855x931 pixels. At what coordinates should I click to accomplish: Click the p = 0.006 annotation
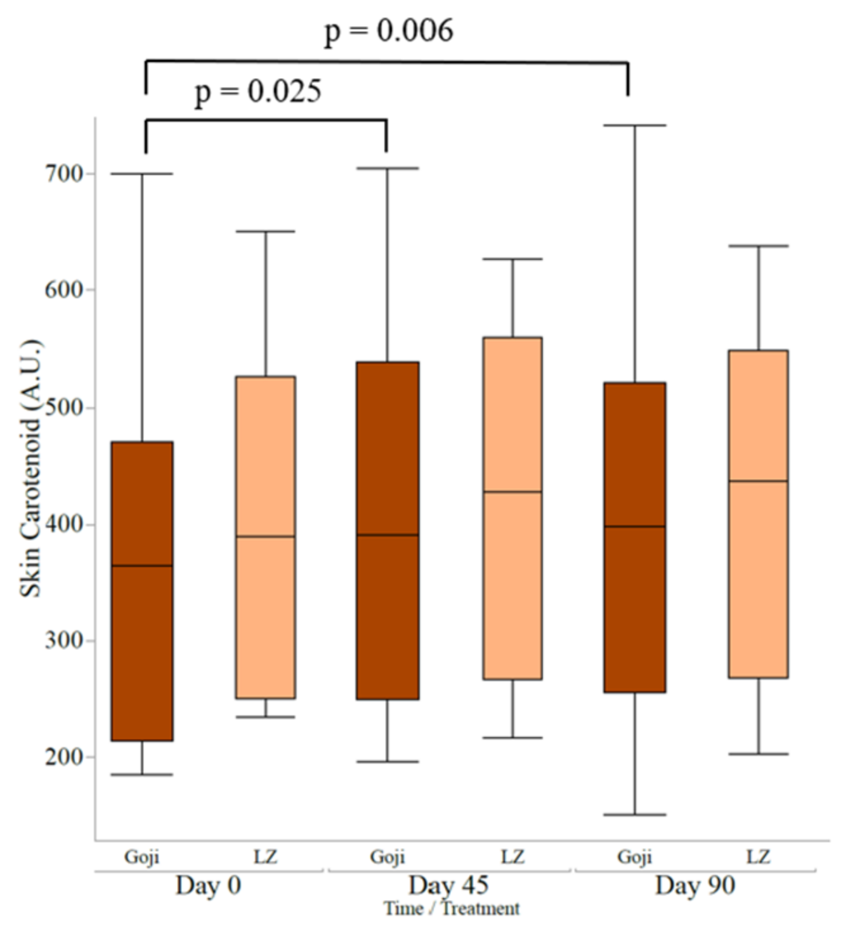(388, 30)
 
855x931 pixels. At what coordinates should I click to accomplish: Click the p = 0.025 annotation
(258, 91)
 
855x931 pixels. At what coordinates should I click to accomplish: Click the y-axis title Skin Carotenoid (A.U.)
(30, 469)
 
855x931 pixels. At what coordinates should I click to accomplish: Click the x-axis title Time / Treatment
(451, 909)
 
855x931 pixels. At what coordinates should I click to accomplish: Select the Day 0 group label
(208, 885)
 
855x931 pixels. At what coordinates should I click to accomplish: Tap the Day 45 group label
(448, 885)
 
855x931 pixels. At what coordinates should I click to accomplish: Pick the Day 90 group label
(695, 885)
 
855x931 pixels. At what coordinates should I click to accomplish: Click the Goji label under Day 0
(141, 857)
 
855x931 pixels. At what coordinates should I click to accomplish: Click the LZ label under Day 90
(758, 857)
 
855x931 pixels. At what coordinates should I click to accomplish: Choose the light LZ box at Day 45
(512, 571)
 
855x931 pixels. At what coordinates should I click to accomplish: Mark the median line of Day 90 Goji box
(634, 526)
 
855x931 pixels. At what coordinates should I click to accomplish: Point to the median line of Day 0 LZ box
(265, 537)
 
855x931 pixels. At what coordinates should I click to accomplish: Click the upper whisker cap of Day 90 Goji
(634, 126)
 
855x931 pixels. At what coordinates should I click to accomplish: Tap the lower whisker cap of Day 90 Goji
(634, 814)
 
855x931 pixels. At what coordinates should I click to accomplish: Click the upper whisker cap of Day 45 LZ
(512, 259)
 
